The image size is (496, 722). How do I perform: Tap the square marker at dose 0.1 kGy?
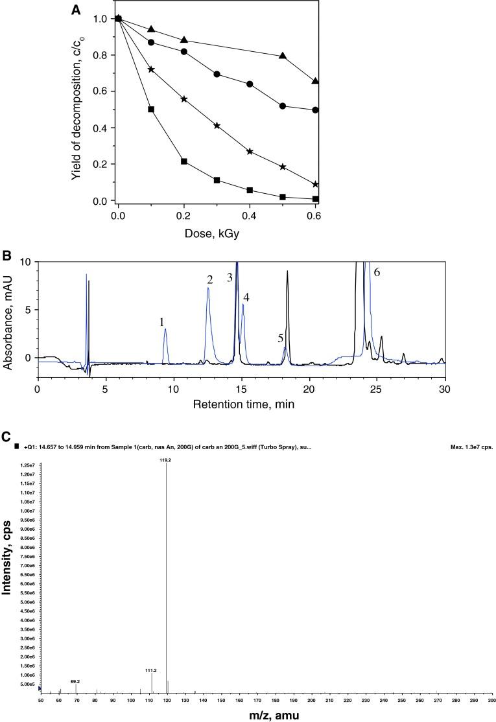click(x=151, y=110)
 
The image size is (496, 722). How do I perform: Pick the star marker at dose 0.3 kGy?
click(x=217, y=125)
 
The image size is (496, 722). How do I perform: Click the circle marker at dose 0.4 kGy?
click(x=250, y=84)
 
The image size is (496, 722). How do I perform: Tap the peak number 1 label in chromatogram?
click(x=162, y=322)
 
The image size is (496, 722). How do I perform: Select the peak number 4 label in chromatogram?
click(x=246, y=297)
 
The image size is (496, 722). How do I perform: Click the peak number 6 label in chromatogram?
click(x=376, y=272)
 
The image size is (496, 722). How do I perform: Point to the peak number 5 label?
click(x=280, y=338)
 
